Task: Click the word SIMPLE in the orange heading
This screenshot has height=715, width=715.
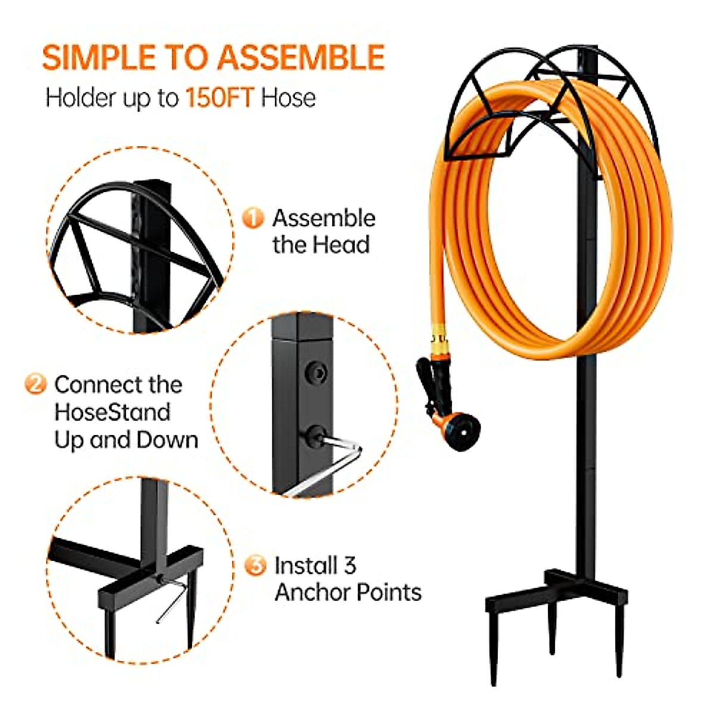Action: tap(95, 58)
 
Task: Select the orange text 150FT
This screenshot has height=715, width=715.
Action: tap(220, 98)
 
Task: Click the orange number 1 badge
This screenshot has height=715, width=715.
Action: tap(253, 218)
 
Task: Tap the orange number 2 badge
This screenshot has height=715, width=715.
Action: tap(35, 383)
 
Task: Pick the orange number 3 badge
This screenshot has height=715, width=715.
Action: tap(255, 565)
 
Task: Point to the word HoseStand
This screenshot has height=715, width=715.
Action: tap(113, 412)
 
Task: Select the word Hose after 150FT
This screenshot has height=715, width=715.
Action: tap(288, 98)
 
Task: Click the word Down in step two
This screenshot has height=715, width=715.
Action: tap(167, 440)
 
